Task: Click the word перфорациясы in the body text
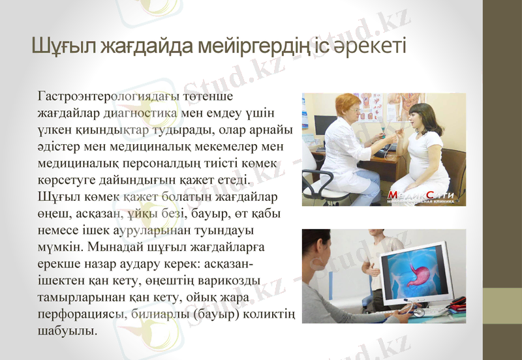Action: (x=81, y=315)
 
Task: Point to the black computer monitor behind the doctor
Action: (x=324, y=125)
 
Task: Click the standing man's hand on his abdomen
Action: (x=373, y=265)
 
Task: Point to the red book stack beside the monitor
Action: (x=459, y=303)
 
